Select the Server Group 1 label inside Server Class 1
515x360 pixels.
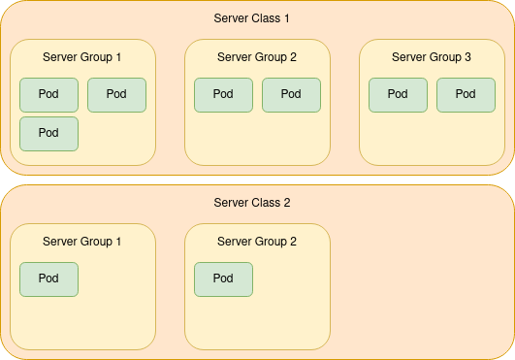tap(82, 57)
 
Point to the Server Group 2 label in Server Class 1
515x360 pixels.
tap(257, 57)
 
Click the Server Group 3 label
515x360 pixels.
tap(432, 57)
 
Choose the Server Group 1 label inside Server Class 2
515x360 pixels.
tap(82, 242)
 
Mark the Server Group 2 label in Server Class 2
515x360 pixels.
tap(257, 242)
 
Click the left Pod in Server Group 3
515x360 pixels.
tap(398, 94)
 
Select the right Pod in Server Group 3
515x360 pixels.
tap(466, 94)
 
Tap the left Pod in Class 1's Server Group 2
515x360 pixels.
tap(223, 94)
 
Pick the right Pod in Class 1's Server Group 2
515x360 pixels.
tap(291, 94)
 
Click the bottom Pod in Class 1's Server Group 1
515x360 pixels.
tap(48, 133)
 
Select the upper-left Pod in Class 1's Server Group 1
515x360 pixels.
tap(48, 94)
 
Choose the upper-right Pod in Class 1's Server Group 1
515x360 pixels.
tap(116, 94)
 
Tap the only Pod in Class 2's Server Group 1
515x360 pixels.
tap(48, 278)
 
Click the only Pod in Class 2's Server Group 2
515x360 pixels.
tap(223, 278)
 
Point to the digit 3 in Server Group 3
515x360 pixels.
tap(467, 57)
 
